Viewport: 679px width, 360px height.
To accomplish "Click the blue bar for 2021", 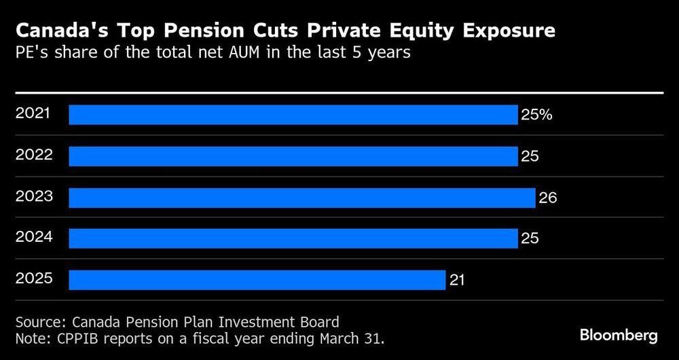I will click(293, 115).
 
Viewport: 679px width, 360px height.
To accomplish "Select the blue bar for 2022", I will click(293, 156).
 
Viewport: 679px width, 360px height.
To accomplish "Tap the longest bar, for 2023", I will click(301, 198).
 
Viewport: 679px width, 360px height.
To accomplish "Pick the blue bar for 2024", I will click(293, 238).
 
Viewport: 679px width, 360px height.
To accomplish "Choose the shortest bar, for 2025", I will click(257, 280).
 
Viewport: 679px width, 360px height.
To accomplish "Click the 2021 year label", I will click(33, 113).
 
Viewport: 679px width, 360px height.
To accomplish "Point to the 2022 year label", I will click(33, 155).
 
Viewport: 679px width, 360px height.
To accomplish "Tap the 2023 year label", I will click(33, 196).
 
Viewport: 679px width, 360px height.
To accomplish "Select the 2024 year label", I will click(33, 237).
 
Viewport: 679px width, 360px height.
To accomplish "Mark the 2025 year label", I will click(33, 278).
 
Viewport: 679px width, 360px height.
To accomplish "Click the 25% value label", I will click(536, 115).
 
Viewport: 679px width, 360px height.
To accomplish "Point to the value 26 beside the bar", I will click(547, 198).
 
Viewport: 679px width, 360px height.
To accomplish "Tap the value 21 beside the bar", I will click(457, 280).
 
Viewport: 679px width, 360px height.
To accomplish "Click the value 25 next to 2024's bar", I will click(530, 239).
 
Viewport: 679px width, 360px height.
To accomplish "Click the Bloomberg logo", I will click(619, 336).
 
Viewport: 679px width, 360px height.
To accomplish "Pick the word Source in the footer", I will click(37, 321).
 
